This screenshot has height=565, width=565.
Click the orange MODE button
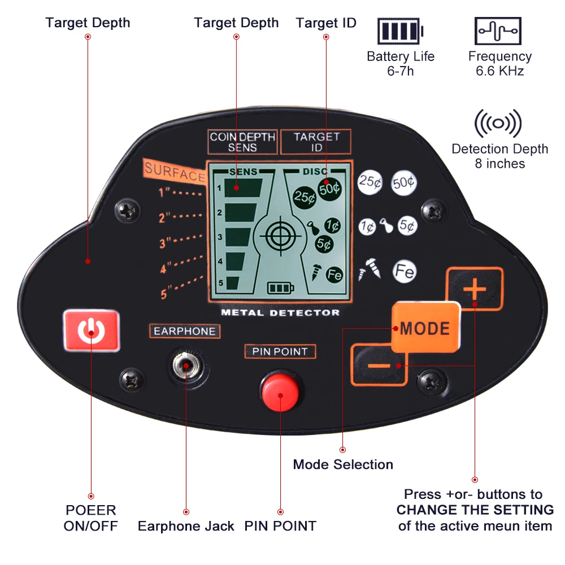[425, 328]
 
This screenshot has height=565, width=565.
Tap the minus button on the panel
[379, 365]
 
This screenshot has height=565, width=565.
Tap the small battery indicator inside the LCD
[281, 289]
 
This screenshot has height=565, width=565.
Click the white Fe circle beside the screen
[405, 272]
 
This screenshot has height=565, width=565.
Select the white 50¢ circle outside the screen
[404, 182]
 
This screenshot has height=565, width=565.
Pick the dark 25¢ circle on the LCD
[305, 197]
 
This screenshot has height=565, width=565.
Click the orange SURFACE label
[174, 172]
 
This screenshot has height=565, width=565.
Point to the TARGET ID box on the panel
[316, 142]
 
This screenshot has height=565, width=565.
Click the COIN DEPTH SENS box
[242, 142]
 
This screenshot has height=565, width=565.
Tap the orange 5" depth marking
[165, 294]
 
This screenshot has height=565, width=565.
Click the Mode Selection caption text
[343, 464]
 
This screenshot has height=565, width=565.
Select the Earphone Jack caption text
[186, 526]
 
